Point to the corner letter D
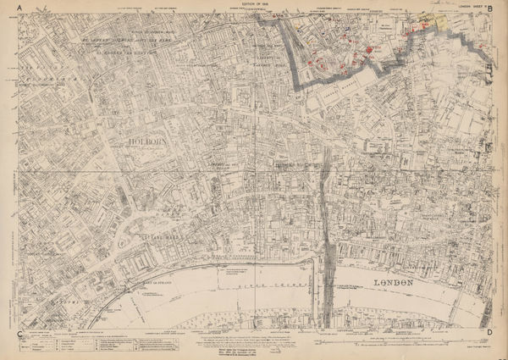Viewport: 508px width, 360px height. click(x=489, y=334)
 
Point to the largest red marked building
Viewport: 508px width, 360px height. click(x=369, y=52)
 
